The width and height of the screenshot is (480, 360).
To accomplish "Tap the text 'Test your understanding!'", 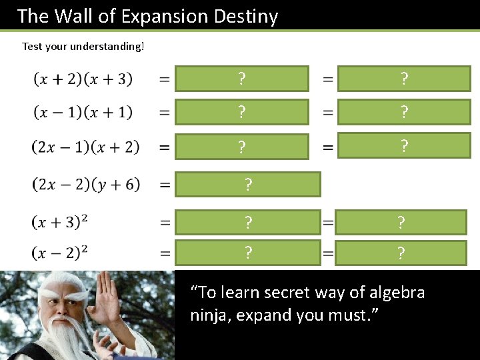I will (x=83, y=46).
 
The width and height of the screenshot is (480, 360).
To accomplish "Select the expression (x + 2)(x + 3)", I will (x=83, y=79).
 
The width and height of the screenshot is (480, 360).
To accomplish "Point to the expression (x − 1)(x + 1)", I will (x=83, y=112).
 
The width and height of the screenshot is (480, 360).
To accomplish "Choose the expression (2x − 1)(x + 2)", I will (x=85, y=147).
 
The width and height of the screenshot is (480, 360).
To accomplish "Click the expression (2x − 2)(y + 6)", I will (x=85, y=184).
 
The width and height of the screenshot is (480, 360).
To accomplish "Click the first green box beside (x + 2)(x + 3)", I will (x=242, y=79).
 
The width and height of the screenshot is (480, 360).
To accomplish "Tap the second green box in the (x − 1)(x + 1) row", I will (x=404, y=112).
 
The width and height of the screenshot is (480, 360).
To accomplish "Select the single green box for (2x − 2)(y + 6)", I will (x=248, y=184).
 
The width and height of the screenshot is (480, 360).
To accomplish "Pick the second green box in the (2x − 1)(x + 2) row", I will (x=404, y=145).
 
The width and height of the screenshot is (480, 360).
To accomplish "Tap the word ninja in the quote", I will (x=208, y=315).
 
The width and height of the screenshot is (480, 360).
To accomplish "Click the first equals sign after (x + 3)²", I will (x=164, y=222).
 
